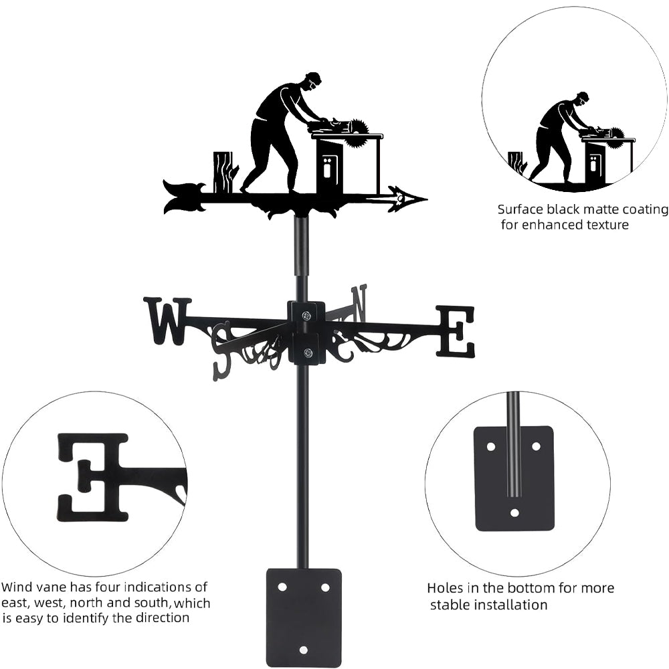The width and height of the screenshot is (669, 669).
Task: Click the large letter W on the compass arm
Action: tap(167, 321)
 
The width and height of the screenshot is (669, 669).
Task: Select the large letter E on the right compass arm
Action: tap(456, 331)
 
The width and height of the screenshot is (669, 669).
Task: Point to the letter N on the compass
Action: tap(359, 302)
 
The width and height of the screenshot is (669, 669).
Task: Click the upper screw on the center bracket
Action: tap(306, 316)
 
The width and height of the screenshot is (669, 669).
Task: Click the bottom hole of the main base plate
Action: tap(304, 649)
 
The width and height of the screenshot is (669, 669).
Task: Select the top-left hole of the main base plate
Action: tap(282, 587)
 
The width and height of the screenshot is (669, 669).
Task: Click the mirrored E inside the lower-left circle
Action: tap(94, 477)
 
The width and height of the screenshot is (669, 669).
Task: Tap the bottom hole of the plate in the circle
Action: tap(514, 513)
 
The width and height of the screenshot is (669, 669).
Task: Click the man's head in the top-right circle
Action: tap(581, 99)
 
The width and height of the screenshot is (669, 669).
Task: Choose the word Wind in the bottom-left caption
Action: tap(16, 587)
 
